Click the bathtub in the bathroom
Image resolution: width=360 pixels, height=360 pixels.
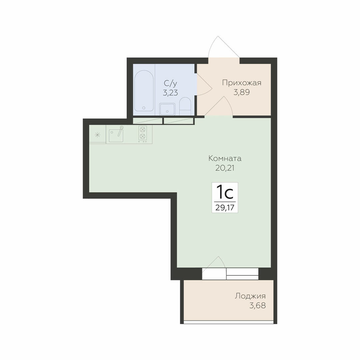pyautogui.click(x=144, y=91)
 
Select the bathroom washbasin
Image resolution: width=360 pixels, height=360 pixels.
pyautogui.click(x=167, y=109)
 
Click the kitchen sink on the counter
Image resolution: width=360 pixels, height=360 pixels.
pyautogui.click(x=116, y=135)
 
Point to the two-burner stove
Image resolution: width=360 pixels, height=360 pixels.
pyautogui.click(x=143, y=134)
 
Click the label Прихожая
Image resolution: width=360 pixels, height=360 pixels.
pyautogui.click(x=242, y=83)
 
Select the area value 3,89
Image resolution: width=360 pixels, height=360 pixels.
pyautogui.click(x=242, y=92)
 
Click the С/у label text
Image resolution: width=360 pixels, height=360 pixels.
pyautogui.click(x=170, y=83)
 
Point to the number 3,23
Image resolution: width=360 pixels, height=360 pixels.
pyautogui.click(x=170, y=93)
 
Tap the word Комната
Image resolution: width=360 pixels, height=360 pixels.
pyautogui.click(x=225, y=158)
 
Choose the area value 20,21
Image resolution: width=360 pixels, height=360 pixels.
pyautogui.click(x=225, y=168)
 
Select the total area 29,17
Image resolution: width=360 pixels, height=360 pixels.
pyautogui.click(x=225, y=208)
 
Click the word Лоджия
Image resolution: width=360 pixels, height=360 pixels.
pyautogui.click(x=250, y=296)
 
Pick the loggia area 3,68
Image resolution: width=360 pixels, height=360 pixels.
pyautogui.click(x=258, y=306)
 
